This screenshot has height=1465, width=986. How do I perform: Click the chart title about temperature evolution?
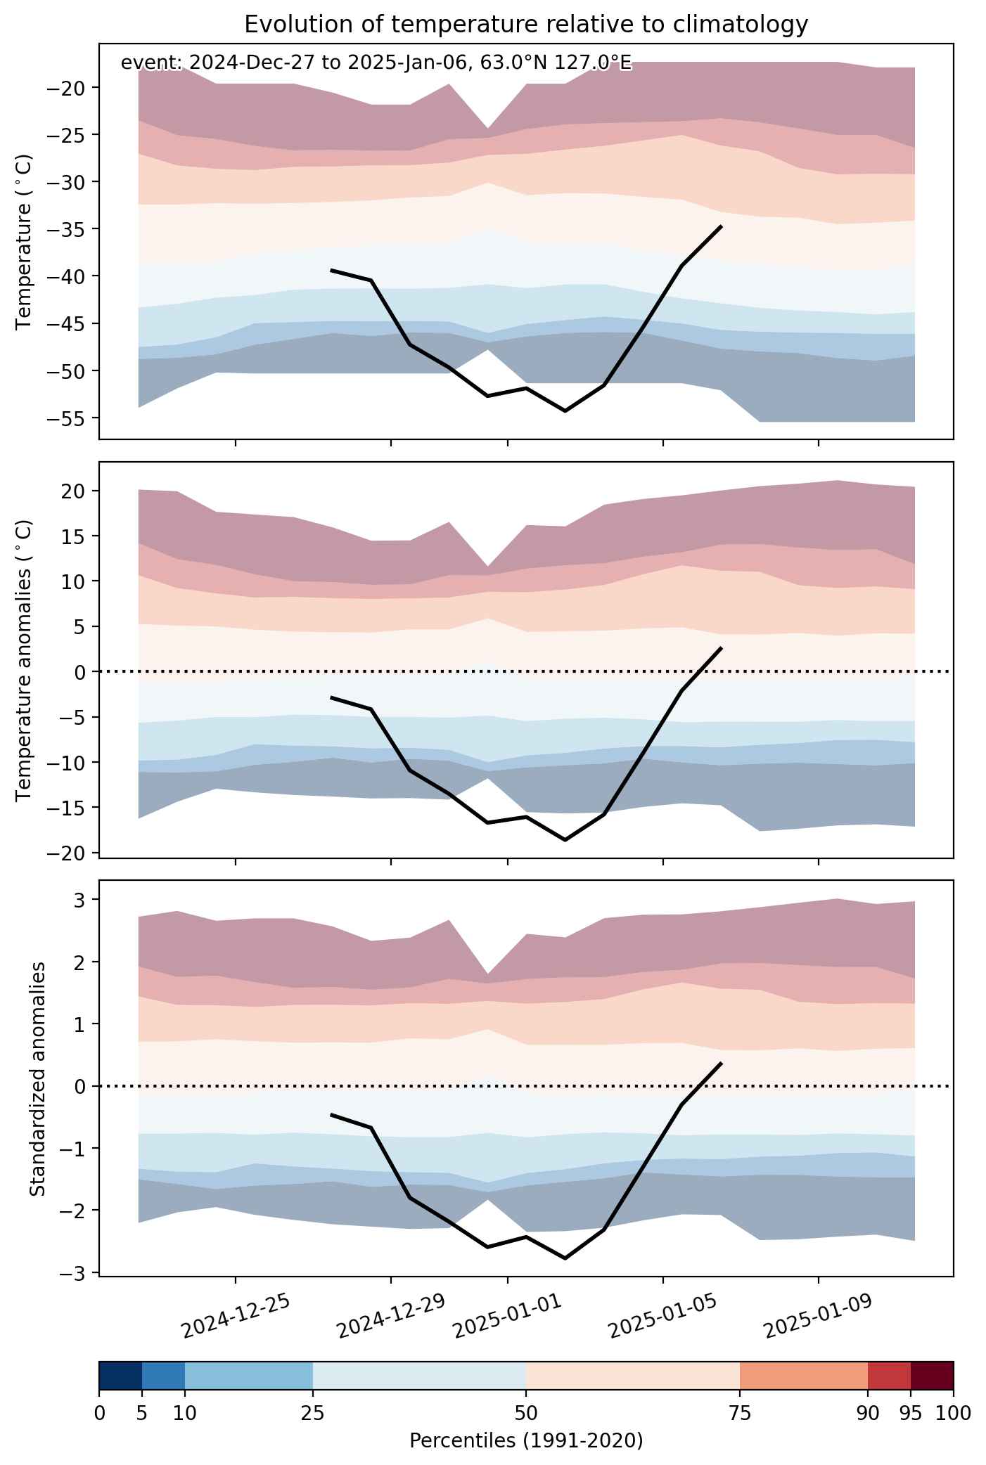click(x=526, y=25)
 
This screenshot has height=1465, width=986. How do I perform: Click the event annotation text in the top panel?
click(x=376, y=63)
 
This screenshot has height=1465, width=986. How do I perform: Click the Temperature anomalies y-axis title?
click(x=25, y=659)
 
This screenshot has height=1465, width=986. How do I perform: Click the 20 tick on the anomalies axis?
click(x=77, y=491)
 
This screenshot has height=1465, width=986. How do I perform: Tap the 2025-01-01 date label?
click(x=508, y=1315)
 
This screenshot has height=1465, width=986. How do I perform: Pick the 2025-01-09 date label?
click(x=819, y=1315)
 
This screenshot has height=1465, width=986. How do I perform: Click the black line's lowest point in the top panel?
click(x=565, y=411)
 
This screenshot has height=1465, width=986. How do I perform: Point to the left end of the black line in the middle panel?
click(x=331, y=697)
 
